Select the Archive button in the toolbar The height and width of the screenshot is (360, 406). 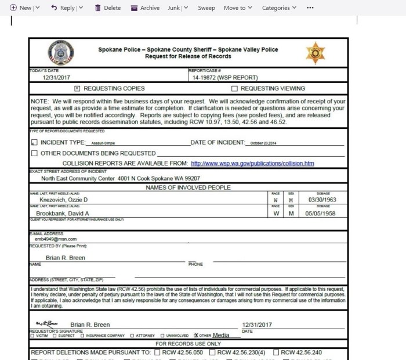(x=145, y=8)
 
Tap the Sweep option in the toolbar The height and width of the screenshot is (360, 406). (x=206, y=8)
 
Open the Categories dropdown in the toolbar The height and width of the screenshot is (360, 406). (x=279, y=8)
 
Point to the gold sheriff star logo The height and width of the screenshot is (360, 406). (x=316, y=53)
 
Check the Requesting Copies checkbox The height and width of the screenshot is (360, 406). (x=78, y=89)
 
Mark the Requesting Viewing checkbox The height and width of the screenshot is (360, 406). (x=234, y=89)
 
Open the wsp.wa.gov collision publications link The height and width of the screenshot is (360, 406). (x=252, y=163)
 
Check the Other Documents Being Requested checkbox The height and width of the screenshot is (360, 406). (x=34, y=153)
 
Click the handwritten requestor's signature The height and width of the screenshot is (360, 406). (x=46, y=324)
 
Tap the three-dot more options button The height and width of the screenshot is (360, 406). (x=310, y=8)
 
